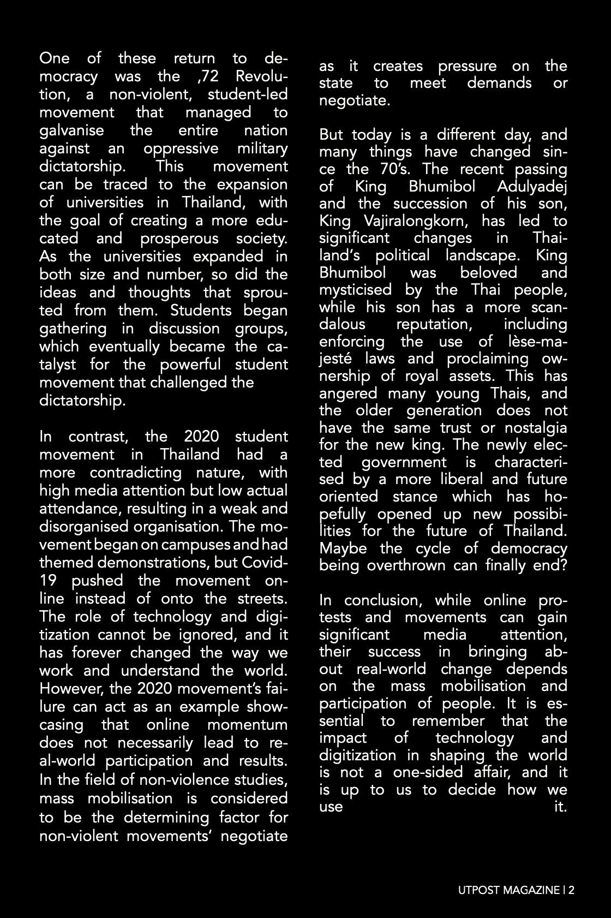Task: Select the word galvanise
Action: pos(71,130)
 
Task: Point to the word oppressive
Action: pos(181,148)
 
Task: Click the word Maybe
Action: pos(343,549)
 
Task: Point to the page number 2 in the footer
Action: pos(571,891)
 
